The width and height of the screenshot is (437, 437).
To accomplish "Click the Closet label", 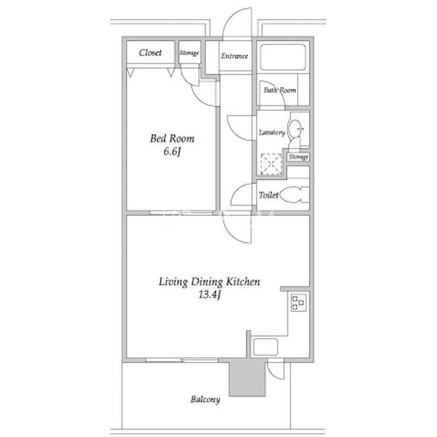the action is [x=150, y=53].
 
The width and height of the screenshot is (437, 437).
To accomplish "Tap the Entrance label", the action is [x=234, y=56].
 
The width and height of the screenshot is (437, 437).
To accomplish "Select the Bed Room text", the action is [x=172, y=139].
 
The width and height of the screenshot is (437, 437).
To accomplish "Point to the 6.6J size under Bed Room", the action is [x=172, y=152].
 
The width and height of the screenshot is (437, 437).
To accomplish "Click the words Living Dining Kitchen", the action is [x=210, y=281].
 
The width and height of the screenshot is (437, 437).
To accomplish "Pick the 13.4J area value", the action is [x=210, y=294].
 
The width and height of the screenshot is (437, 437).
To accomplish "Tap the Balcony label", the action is [x=205, y=399].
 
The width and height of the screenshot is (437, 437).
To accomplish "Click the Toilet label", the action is [x=268, y=195].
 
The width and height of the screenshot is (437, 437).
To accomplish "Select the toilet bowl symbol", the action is [x=294, y=195].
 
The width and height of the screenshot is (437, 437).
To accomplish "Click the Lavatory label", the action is [x=272, y=132].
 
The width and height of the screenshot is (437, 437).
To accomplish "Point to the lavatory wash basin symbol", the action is [x=295, y=129].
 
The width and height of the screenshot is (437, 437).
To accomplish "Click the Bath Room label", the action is [x=279, y=90].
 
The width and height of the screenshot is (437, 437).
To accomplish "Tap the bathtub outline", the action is [x=283, y=57].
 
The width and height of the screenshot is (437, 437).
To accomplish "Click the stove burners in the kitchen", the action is [x=298, y=302].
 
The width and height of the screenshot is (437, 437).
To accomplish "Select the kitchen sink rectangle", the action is [x=266, y=347].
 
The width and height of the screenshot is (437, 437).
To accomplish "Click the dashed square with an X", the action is [x=271, y=165].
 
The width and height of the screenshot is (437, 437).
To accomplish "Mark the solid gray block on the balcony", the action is [x=247, y=378].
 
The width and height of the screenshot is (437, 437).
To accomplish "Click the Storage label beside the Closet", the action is [x=189, y=53].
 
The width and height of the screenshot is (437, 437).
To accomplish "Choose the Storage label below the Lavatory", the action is [x=298, y=157].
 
